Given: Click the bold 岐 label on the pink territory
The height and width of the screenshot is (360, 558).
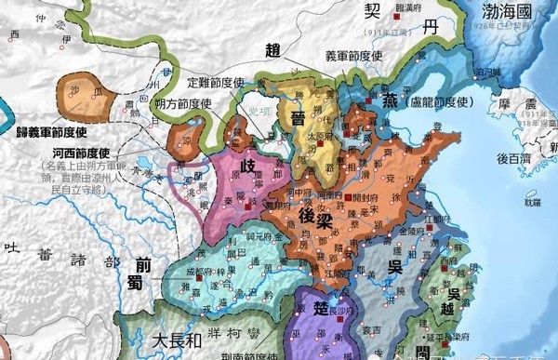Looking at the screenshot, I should tap(248, 166).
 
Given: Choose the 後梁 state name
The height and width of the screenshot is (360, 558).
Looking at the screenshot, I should tap(316, 215).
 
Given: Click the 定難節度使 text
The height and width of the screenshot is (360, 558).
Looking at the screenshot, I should tap(215, 80).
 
